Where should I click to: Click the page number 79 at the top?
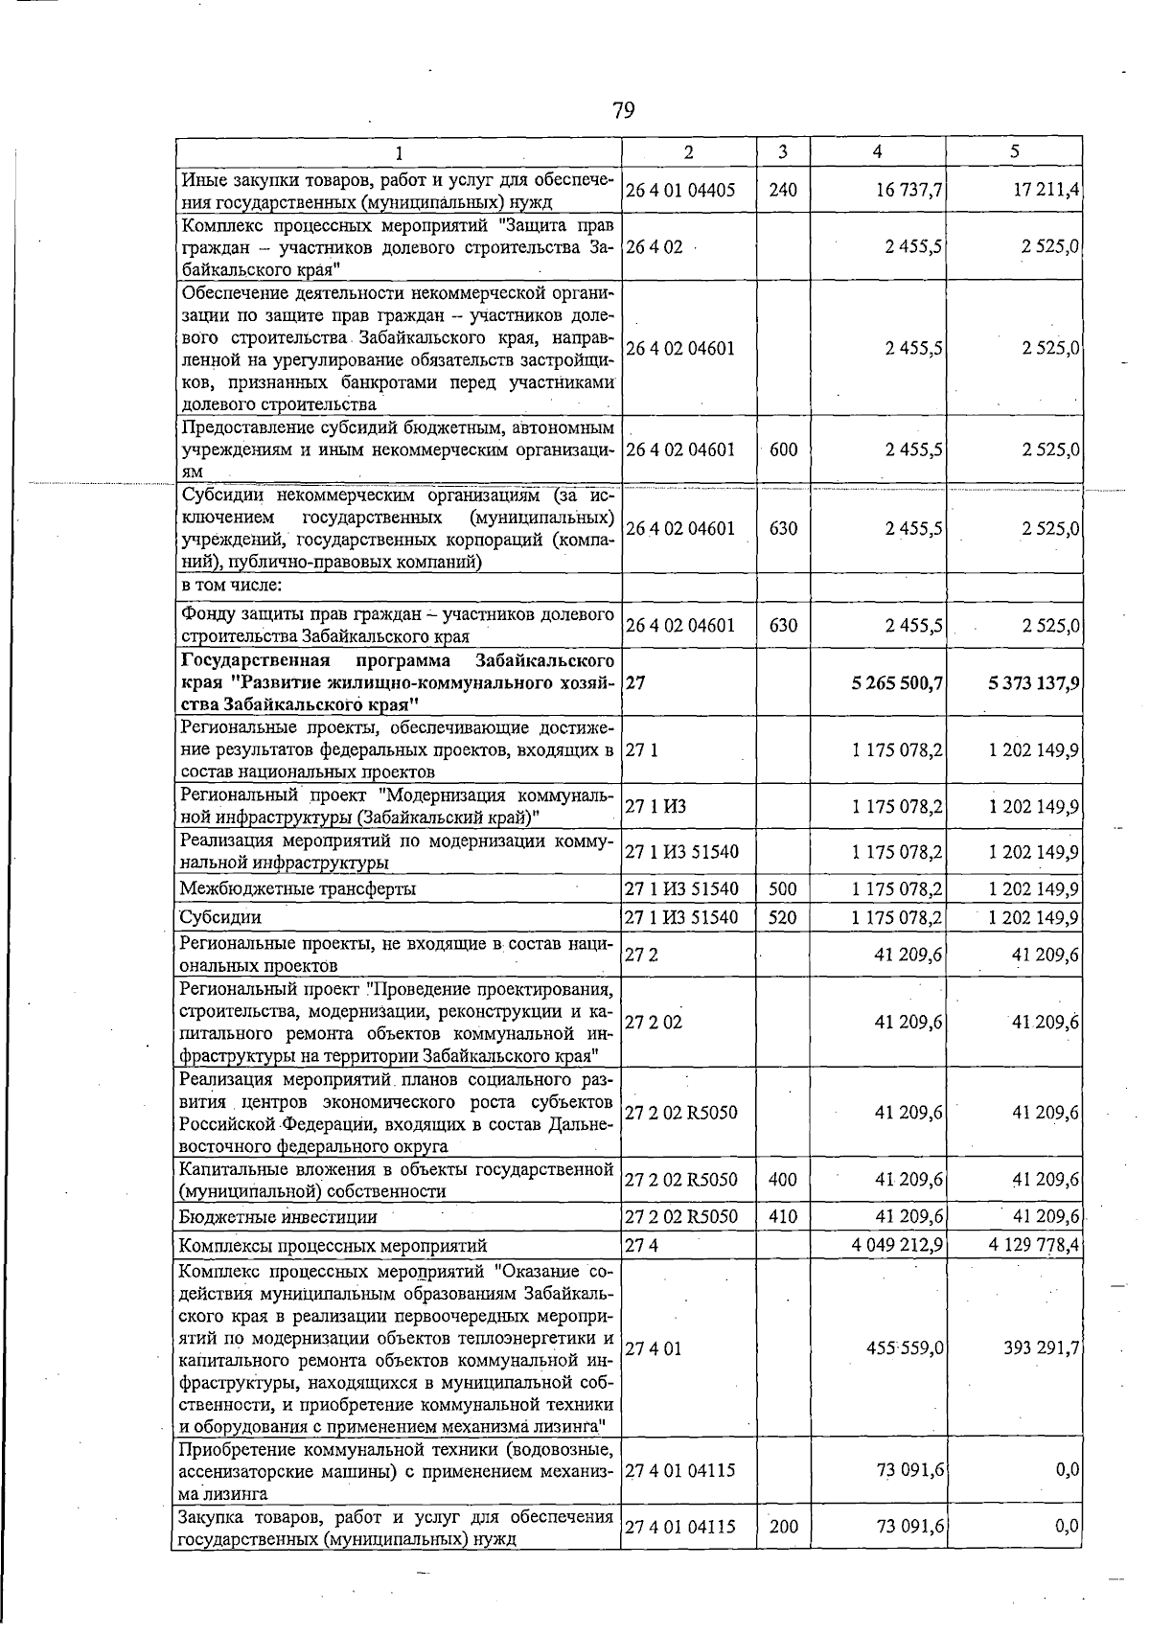pos(623,111)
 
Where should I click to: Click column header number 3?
pos(783,151)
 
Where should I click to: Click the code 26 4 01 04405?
pos(680,190)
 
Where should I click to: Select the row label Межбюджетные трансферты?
pos(298,888)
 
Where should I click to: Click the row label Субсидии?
pos(220,917)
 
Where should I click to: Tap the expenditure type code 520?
pos(783,917)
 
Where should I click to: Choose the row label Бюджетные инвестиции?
pos(278,1217)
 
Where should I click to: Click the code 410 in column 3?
pos(783,1217)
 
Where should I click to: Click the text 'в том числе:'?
pos(230,586)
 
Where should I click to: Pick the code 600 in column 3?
pos(783,449)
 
